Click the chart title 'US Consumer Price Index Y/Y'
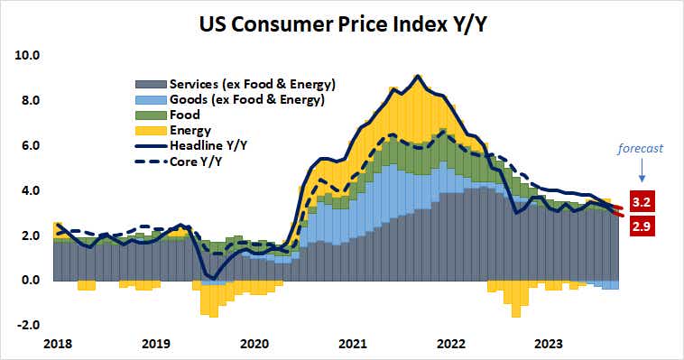(342, 23)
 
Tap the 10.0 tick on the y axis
(30, 55)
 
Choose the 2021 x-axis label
(353, 344)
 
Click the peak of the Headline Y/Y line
(416, 76)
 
